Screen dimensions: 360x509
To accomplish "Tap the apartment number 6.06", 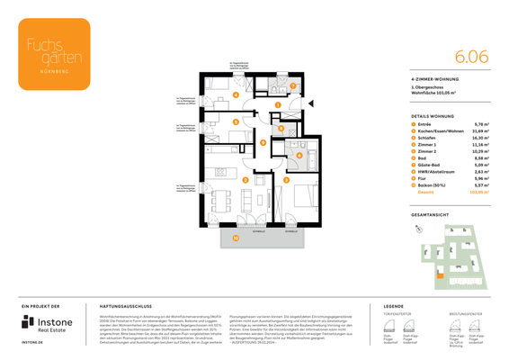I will pyautogui.click(x=471, y=56).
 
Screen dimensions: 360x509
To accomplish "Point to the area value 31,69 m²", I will pyautogui.click(x=479, y=130).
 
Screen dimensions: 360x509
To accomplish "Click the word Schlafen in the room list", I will pyautogui.click(x=426, y=138).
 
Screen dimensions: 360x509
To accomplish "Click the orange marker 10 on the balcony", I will pyautogui.click(x=237, y=238).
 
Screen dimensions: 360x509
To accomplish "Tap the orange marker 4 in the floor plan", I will pyautogui.click(x=236, y=94).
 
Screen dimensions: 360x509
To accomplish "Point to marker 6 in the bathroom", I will pyautogui.click(x=299, y=155).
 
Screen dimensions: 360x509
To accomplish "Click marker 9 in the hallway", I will pyautogui.click(x=263, y=141).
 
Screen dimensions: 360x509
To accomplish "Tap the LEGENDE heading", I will pyautogui.click(x=394, y=307).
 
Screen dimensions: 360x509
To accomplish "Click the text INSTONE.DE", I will pyautogui.click(x=33, y=343).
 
